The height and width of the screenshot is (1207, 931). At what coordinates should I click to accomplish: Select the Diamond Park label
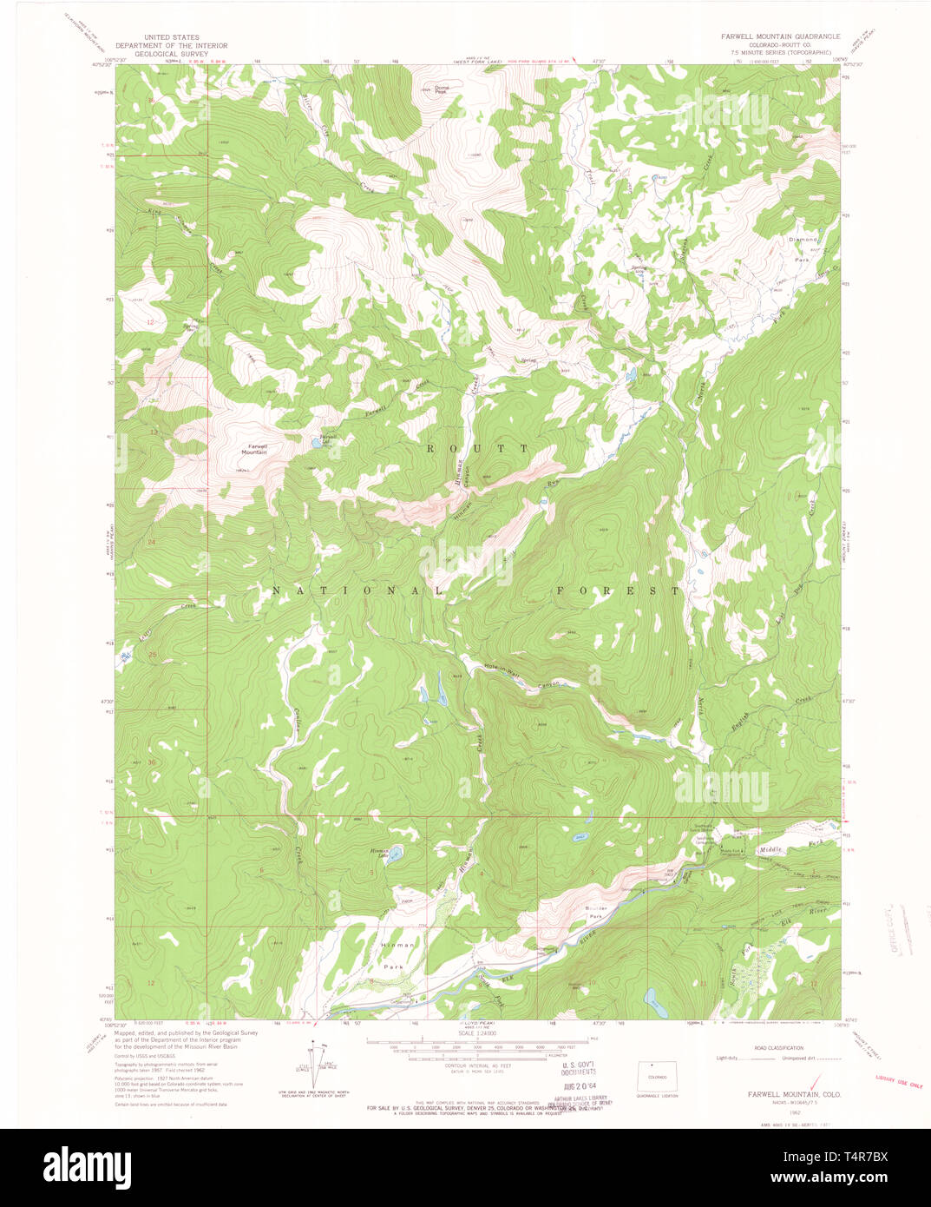[803, 248]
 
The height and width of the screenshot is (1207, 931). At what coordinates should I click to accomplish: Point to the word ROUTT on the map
[476, 447]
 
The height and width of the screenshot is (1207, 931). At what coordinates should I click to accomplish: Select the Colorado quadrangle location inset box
[658, 1077]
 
